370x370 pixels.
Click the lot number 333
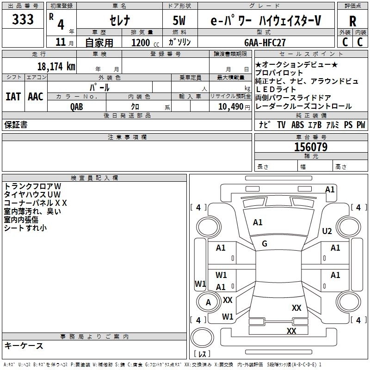click(23, 20)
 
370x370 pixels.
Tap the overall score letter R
click(352, 21)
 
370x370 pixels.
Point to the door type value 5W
click(179, 20)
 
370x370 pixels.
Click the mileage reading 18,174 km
click(56, 66)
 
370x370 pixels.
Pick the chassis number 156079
click(311, 147)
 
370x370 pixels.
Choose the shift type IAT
click(13, 97)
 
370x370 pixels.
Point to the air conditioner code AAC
click(36, 97)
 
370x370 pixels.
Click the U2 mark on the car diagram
click(327, 231)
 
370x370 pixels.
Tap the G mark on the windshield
click(265, 244)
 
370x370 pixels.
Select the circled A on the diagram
click(208, 302)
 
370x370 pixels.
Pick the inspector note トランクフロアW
click(30, 186)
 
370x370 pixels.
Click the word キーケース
click(24, 345)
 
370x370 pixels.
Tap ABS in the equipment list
click(298, 125)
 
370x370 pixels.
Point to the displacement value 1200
click(141, 43)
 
